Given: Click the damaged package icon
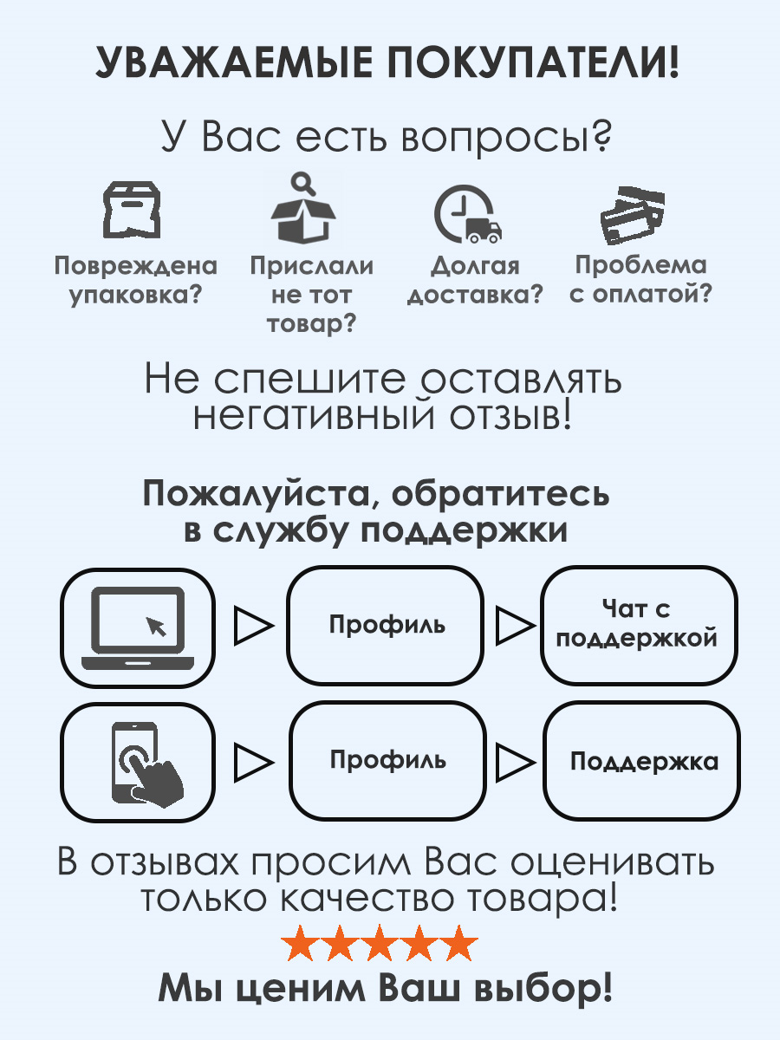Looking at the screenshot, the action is [x=132, y=211].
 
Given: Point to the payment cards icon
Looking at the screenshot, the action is [x=632, y=213].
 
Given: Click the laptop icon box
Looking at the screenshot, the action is [x=137, y=626].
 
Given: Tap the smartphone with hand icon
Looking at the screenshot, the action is [x=137, y=762].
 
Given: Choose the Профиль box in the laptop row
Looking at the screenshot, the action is [x=387, y=625].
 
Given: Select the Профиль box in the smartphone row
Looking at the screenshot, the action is [x=387, y=761].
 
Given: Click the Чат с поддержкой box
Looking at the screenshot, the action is [x=638, y=624].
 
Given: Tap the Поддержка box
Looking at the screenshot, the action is [x=641, y=762].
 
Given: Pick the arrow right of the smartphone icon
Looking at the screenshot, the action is [x=254, y=762].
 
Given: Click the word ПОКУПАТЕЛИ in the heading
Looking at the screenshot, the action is [x=529, y=65].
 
